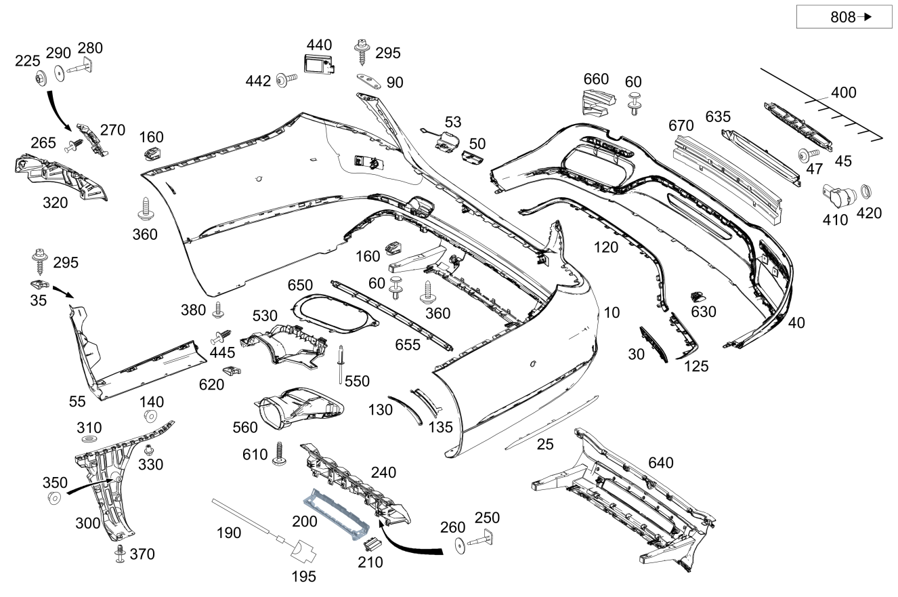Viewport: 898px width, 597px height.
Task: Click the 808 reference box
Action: click(844, 17)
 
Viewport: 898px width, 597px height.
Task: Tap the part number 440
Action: click(319, 45)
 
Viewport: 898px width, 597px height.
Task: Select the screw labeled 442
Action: click(286, 80)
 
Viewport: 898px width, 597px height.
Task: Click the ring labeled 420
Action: click(866, 192)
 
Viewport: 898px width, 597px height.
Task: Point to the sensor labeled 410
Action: click(839, 197)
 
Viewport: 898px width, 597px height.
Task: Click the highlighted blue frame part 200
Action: click(335, 514)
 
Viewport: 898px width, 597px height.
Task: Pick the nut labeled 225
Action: click(41, 78)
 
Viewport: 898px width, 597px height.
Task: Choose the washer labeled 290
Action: click(60, 73)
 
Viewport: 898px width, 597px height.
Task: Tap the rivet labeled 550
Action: click(341, 364)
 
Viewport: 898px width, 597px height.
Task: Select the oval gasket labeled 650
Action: click(334, 314)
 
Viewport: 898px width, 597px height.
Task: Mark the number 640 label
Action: click(661, 463)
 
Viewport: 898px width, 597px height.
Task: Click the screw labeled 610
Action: click(280, 454)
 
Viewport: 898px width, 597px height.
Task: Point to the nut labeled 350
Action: click(54, 498)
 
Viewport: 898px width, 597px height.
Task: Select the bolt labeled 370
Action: click(120, 553)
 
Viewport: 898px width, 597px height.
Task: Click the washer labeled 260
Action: click(461, 545)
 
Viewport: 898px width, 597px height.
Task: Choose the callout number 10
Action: click(612, 312)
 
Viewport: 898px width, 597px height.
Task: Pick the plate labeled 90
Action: click(369, 81)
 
